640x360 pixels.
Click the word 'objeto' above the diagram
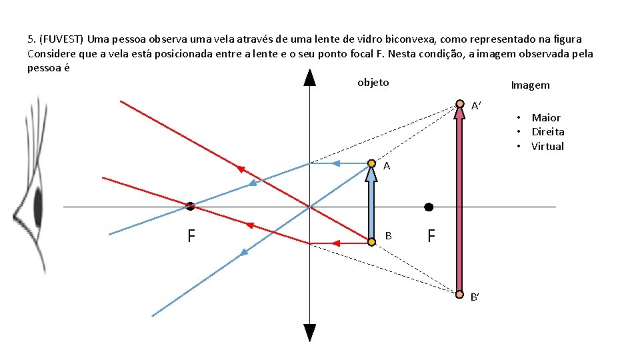pos(373,83)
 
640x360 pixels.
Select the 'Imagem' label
pos(530,85)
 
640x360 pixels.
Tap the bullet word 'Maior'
pos(546,118)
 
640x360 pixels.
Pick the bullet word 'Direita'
pos(547,132)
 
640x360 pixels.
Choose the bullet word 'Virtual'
pos(547,147)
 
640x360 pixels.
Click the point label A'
pos(477,106)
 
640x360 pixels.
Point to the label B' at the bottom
pos(475,297)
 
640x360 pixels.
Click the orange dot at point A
pos(371,163)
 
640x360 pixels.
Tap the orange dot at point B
pos(371,243)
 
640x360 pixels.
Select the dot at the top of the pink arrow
pos(459,104)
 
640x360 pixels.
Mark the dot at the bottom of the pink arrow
pos(459,294)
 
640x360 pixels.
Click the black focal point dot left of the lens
pos(190,207)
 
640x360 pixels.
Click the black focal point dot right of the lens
pos(429,207)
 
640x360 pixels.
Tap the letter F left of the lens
pos(191,236)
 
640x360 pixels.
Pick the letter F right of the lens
pos(431,236)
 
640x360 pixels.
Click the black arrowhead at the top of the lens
pos(310,77)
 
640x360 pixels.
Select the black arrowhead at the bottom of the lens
pos(310,332)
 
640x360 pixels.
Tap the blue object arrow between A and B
pos(371,203)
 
